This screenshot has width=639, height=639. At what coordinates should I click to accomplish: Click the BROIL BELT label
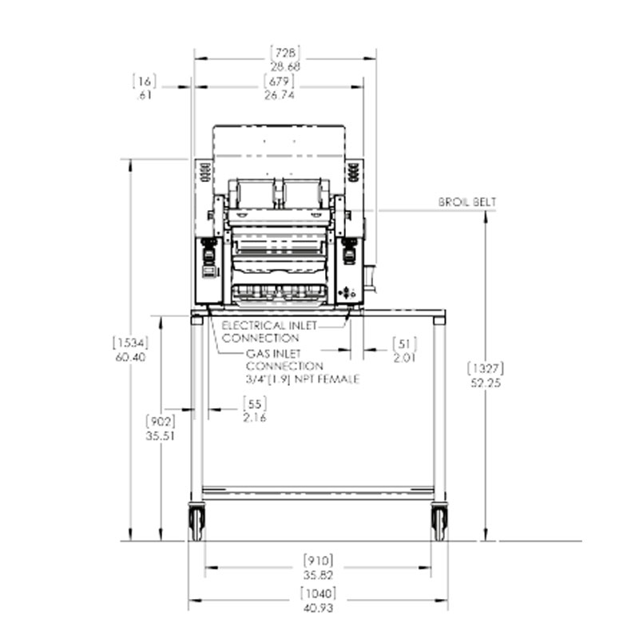coord(467,202)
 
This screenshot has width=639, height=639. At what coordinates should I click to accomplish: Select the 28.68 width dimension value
coord(285,66)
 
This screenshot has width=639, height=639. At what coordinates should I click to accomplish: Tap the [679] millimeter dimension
coord(279,81)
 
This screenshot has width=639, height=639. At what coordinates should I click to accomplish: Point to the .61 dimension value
coord(145,95)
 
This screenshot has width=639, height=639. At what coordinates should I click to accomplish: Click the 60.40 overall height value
coord(130,357)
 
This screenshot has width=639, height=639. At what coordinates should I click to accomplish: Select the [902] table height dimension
coord(161,421)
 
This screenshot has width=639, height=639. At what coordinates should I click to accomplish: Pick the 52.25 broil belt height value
coord(486,383)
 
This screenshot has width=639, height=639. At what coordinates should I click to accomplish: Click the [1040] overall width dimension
coord(318,593)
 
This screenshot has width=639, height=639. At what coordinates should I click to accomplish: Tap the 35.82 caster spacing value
coord(318,575)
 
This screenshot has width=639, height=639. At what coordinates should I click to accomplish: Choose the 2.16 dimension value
coord(255,418)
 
